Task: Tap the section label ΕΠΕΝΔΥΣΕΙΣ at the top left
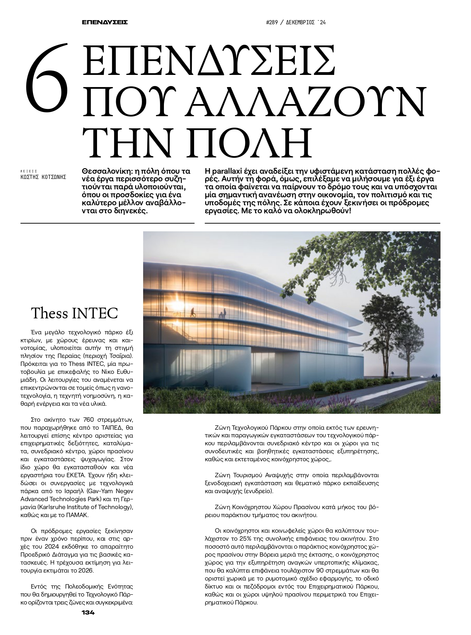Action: [x=105, y=23]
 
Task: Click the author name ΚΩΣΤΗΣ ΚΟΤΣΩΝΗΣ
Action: [x=43, y=177]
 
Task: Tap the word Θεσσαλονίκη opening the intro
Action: [x=105, y=171]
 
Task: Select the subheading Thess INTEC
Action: [x=75, y=313]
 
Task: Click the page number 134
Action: [x=88, y=612]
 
